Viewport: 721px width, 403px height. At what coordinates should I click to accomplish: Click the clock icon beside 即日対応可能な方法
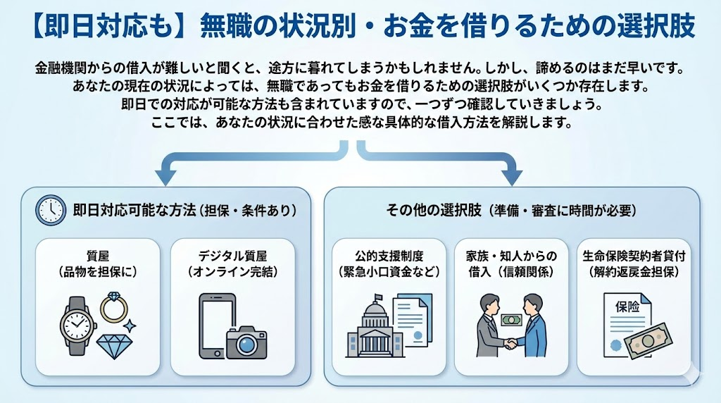pos(51,209)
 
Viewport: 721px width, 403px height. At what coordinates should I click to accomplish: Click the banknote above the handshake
pos(510,319)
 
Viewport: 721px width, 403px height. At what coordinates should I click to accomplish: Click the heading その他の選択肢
pos(433,209)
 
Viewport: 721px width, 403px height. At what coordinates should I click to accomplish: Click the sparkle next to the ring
pos(130,325)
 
